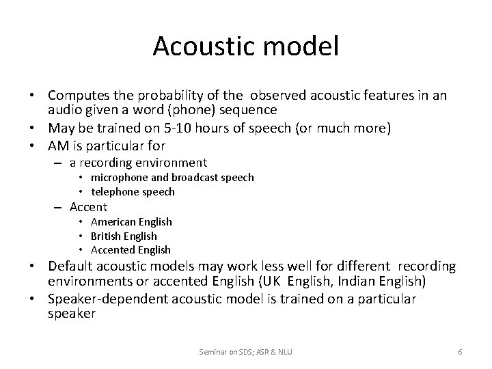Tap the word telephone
[118, 192]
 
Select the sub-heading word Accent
[88, 207]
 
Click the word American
[114, 222]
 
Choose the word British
[106, 236]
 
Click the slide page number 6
[460, 351]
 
